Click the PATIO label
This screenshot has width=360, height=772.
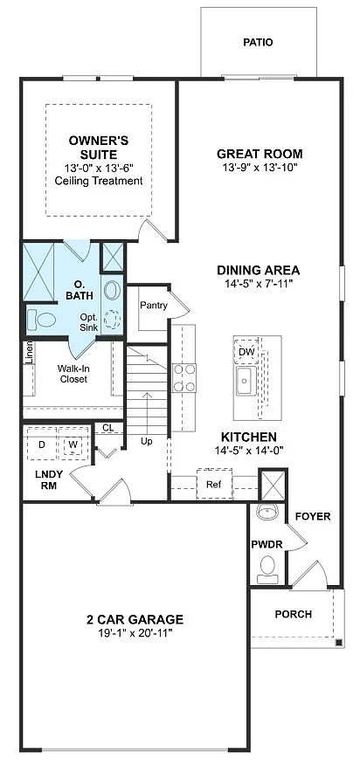(258, 42)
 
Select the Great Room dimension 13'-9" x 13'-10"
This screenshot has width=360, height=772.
(259, 168)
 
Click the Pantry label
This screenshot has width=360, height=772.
(154, 305)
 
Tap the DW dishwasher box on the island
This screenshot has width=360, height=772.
(246, 352)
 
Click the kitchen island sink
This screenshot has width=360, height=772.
(244, 381)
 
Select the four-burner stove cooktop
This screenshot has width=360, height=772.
(184, 378)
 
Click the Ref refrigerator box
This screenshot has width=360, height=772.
(213, 483)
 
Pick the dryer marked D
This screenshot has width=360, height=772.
(41, 445)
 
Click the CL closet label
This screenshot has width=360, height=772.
(107, 428)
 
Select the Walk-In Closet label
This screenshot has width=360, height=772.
(73, 374)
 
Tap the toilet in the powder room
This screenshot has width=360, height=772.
(268, 569)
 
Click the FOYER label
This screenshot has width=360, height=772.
(312, 516)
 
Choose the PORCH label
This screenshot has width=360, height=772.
(293, 614)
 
